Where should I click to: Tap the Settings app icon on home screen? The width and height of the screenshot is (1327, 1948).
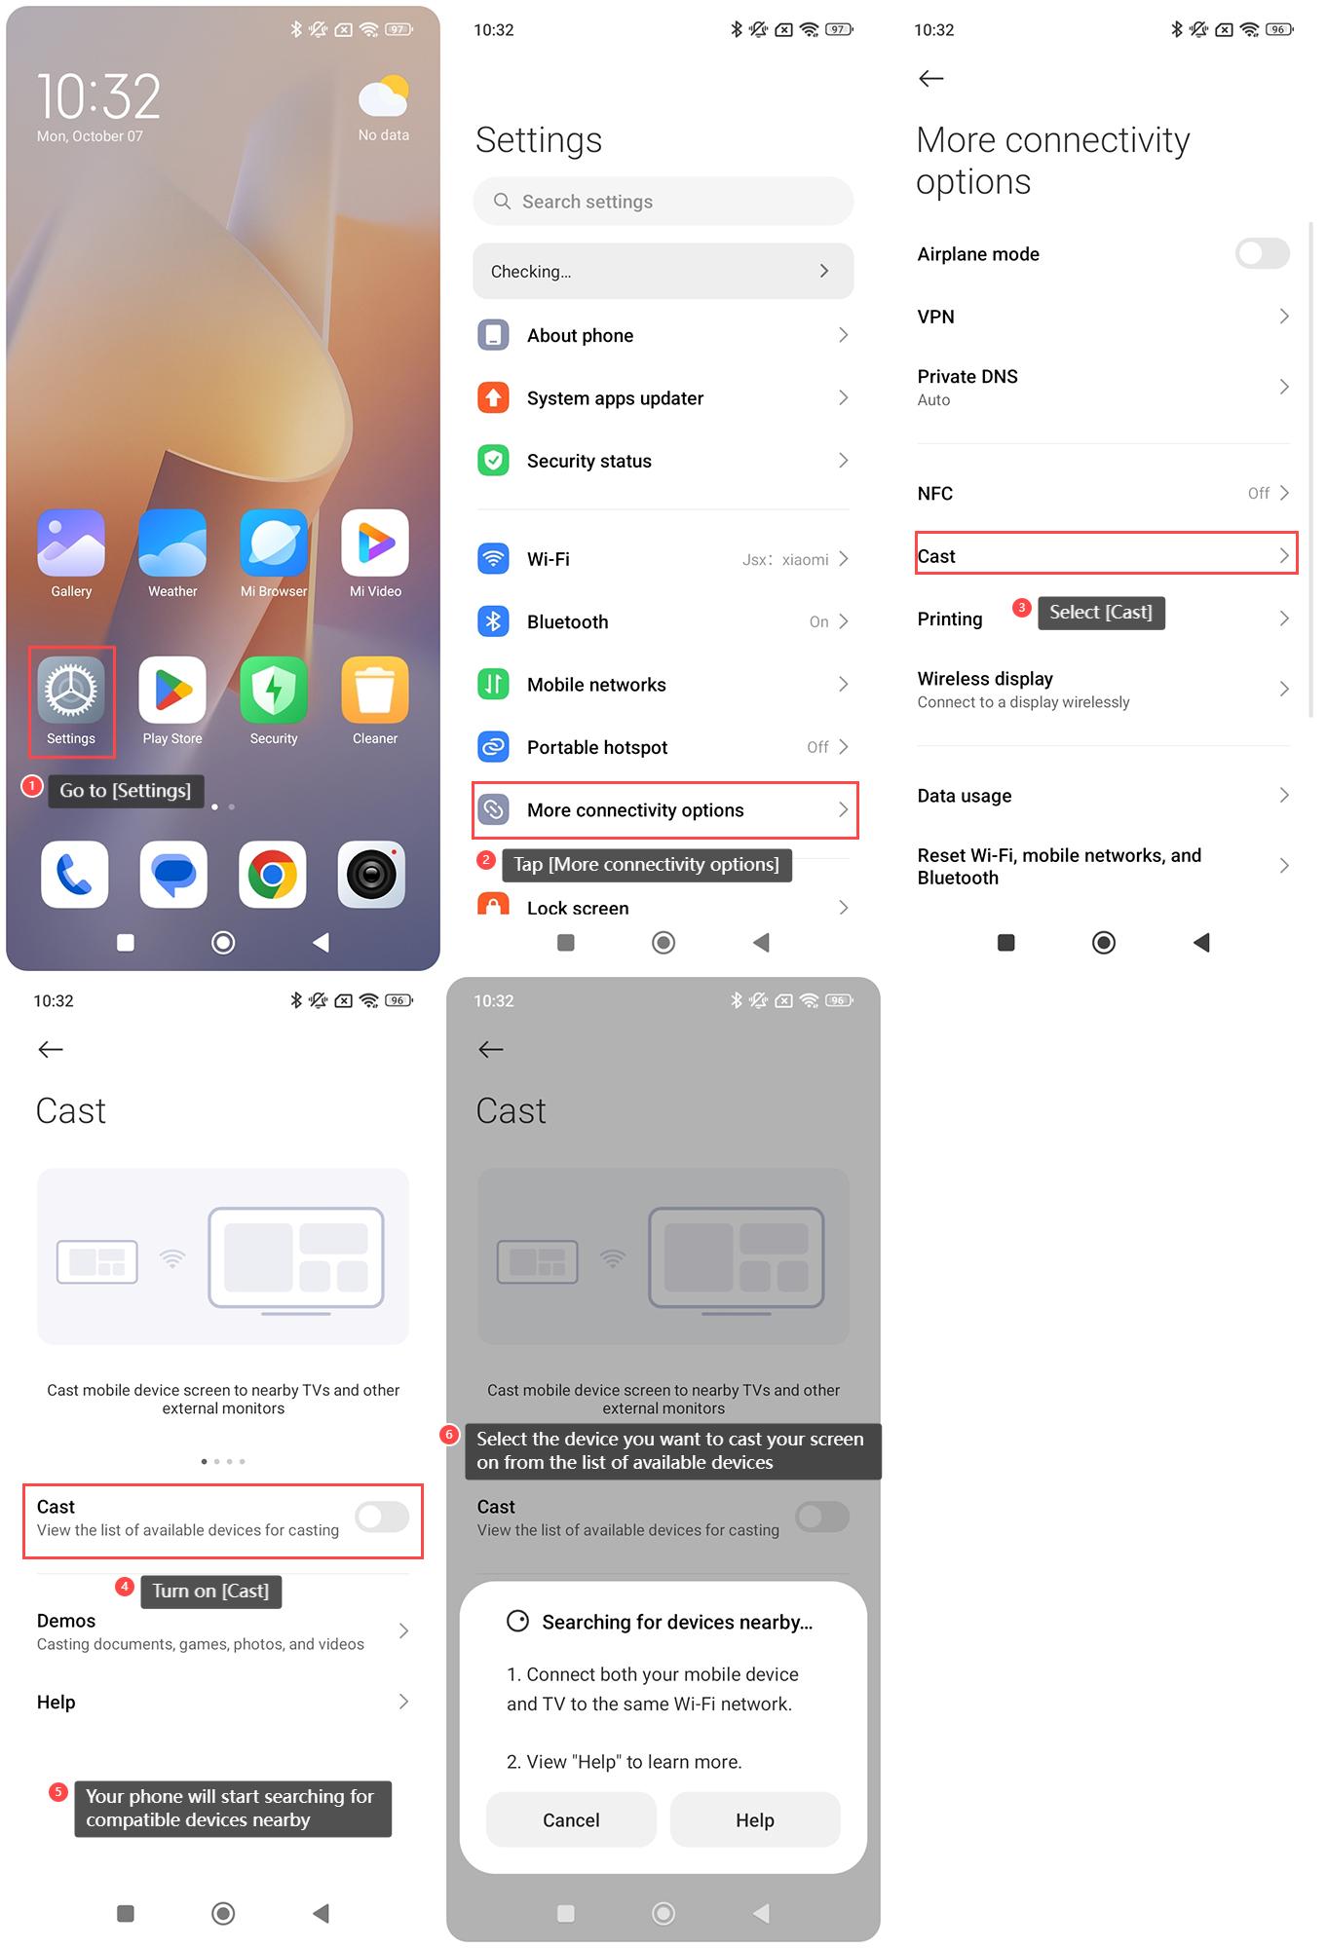71,690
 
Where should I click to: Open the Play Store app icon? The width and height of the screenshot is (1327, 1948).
172,690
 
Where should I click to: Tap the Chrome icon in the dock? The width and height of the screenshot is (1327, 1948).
273,874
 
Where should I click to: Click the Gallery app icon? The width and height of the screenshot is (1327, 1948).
71,543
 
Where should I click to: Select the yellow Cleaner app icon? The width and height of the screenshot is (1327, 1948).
375,690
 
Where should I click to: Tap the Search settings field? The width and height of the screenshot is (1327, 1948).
663,202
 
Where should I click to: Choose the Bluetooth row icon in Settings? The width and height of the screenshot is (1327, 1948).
494,621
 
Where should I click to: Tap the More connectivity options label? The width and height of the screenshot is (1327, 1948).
635,810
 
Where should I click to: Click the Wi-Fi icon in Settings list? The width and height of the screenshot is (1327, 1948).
494,559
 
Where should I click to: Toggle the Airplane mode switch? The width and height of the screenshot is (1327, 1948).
1263,254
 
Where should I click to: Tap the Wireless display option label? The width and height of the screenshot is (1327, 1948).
985,679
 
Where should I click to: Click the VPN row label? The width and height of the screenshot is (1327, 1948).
936,317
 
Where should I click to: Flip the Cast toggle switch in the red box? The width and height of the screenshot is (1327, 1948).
382,1517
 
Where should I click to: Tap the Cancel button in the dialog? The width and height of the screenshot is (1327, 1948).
571,1819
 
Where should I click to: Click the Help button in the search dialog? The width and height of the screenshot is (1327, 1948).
755,1819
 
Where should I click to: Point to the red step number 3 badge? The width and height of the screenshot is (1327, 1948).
1022,608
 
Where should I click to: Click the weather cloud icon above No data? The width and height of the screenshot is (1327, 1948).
384,96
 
